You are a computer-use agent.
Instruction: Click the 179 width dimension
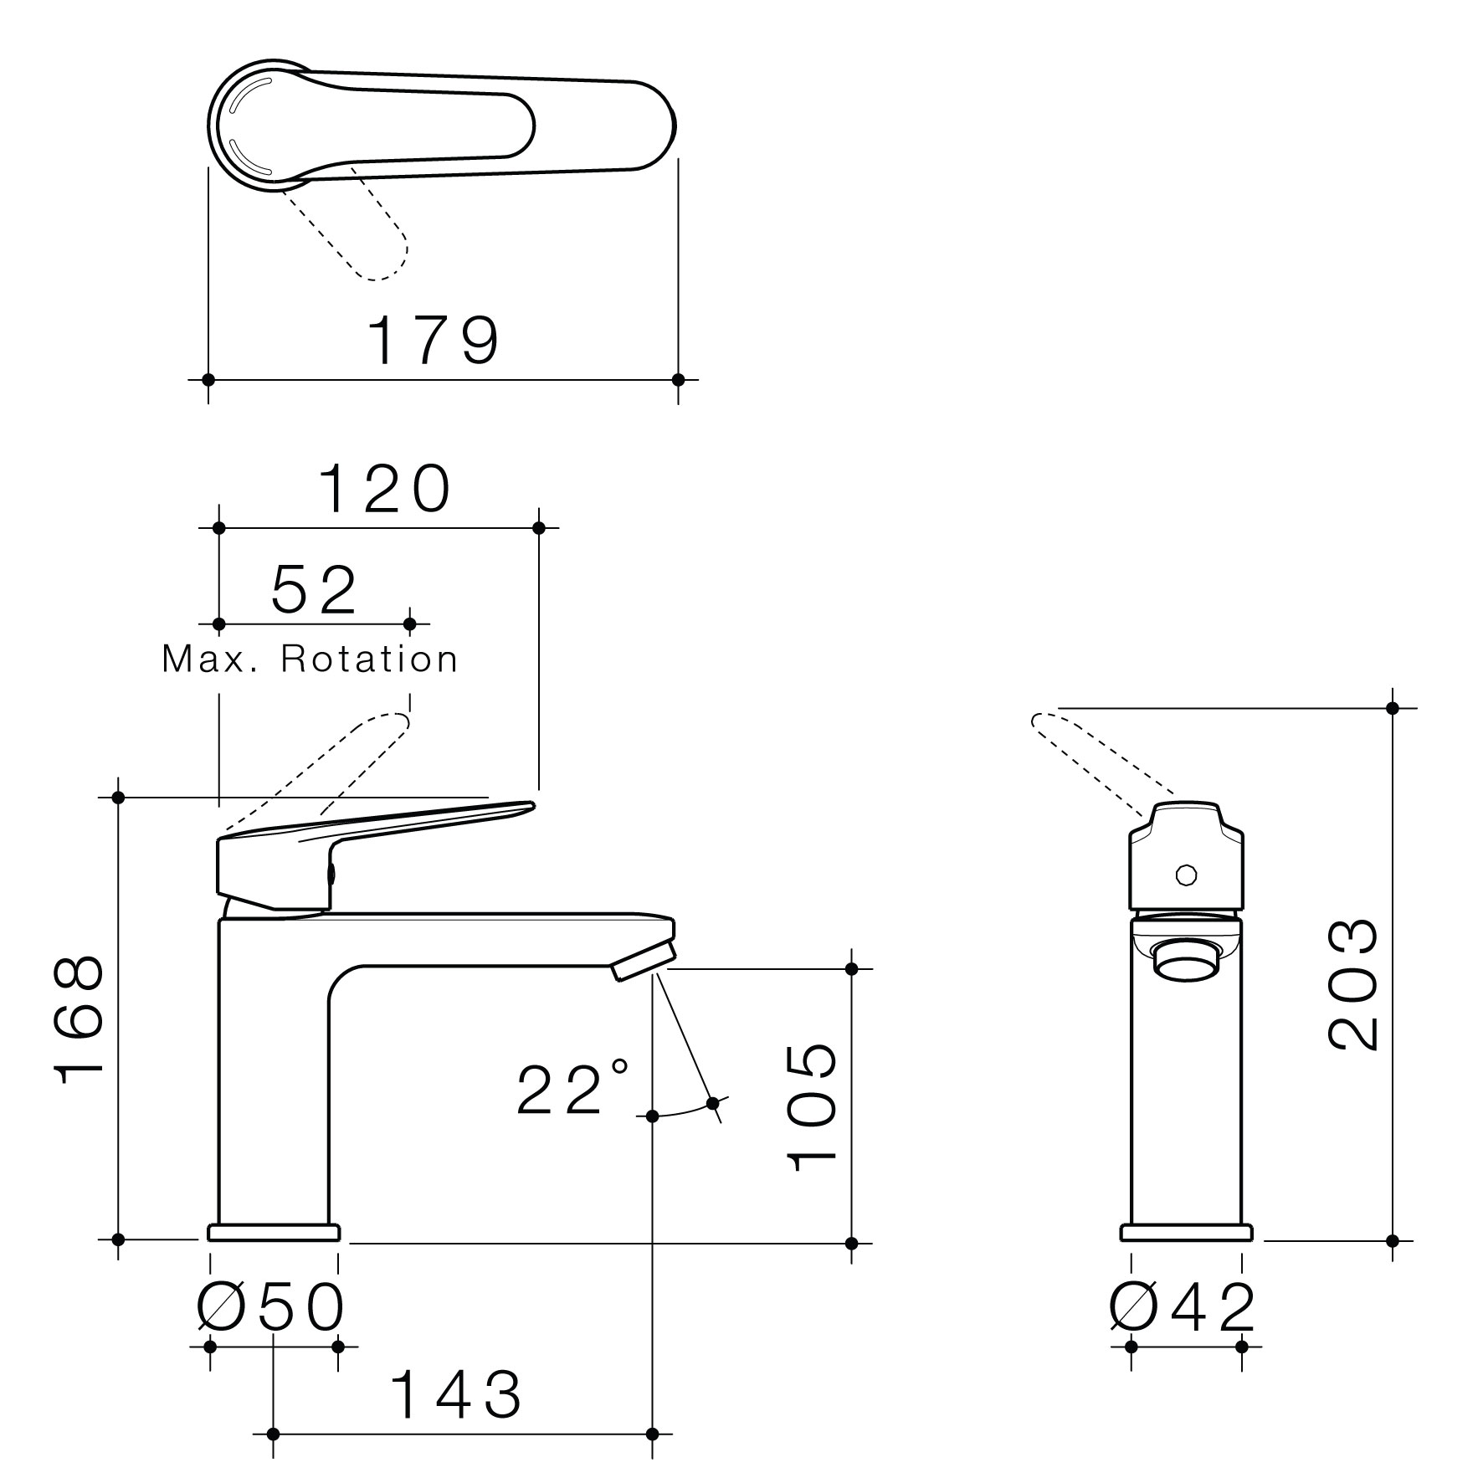point(435,340)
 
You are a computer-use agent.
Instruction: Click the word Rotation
point(369,659)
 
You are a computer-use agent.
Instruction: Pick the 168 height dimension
point(80,1020)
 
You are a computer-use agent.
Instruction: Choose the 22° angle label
point(572,1088)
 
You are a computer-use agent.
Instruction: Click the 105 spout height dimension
point(812,1106)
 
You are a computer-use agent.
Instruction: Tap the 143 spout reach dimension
point(457,1394)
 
